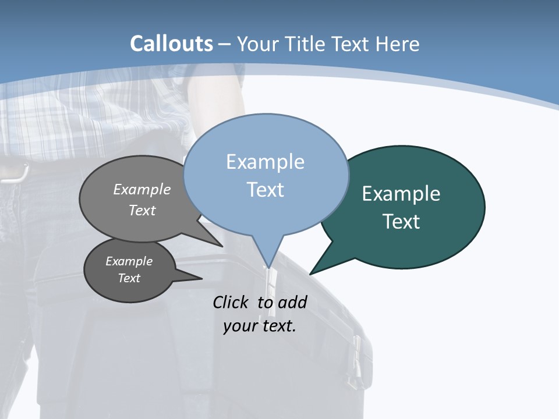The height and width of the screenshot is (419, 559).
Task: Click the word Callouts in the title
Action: tap(171, 44)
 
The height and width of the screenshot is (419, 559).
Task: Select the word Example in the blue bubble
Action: tap(265, 162)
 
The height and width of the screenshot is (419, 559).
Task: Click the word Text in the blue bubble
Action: tap(265, 190)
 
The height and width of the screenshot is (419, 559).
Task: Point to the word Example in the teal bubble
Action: tap(401, 194)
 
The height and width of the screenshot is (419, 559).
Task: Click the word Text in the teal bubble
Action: tap(401, 222)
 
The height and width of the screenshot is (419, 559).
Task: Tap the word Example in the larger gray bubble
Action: tap(142, 190)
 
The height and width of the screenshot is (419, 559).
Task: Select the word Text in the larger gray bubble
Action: tap(142, 210)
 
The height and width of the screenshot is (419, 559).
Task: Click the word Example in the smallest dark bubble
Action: tap(129, 261)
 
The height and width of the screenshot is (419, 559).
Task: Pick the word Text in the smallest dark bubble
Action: tap(129, 278)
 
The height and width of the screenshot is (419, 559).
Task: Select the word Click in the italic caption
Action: tap(232, 302)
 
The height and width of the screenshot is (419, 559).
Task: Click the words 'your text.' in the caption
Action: tap(260, 325)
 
